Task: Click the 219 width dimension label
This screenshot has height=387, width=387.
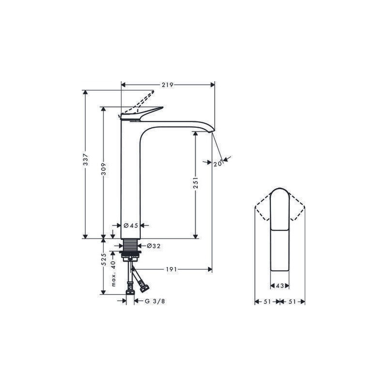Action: (167, 85)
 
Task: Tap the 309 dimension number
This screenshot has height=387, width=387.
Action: (104, 169)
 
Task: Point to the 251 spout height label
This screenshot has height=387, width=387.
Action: (195, 183)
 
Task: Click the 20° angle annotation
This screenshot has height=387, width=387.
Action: (218, 163)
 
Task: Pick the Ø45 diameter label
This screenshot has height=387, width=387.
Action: (131, 225)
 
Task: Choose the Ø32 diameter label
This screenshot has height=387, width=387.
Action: (153, 246)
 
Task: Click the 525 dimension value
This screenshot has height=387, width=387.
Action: (104, 260)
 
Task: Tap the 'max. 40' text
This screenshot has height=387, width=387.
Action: (113, 273)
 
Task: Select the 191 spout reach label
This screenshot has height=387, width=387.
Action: (171, 269)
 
